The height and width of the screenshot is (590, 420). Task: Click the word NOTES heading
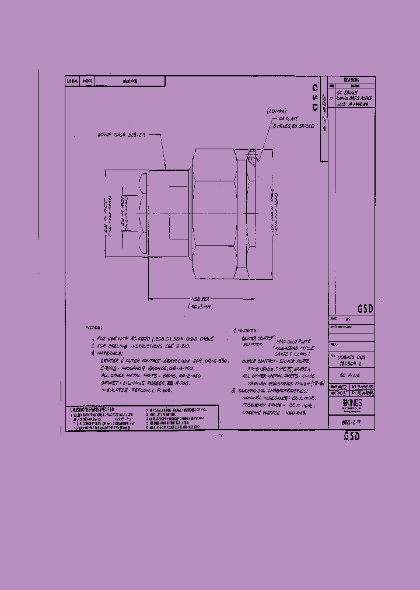[93, 328]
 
